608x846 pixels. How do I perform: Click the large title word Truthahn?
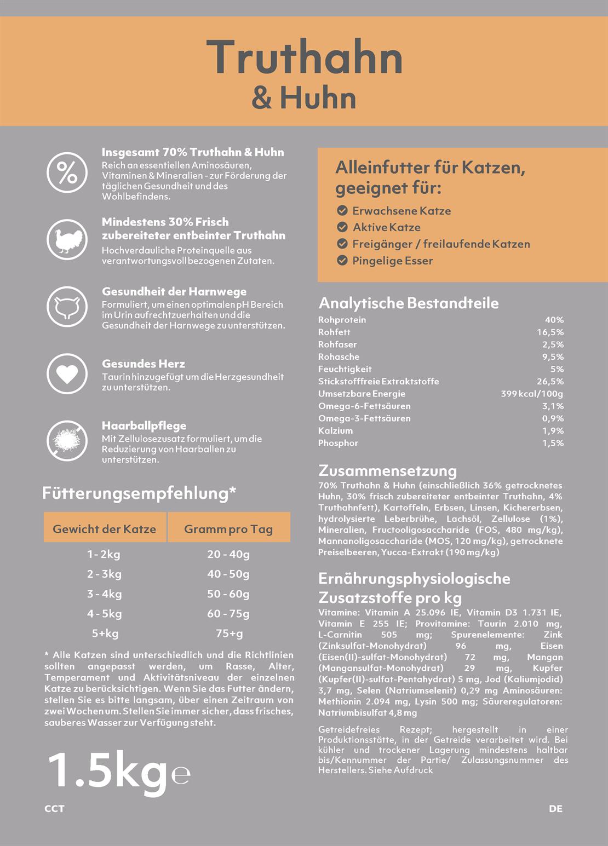click(x=305, y=57)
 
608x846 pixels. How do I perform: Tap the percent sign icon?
click(x=67, y=172)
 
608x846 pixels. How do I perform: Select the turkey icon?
click(x=67, y=240)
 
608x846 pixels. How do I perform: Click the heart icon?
click(x=67, y=374)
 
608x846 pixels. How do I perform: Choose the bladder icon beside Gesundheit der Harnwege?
click(x=67, y=306)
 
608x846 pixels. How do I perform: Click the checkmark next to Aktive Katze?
click(x=342, y=227)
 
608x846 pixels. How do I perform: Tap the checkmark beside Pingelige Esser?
click(x=342, y=261)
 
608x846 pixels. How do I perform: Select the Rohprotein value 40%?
click(x=554, y=320)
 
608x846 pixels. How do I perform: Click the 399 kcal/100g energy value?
click(x=531, y=394)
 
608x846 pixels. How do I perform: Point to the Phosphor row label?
click(x=338, y=443)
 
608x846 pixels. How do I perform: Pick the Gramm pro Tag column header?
click(x=228, y=529)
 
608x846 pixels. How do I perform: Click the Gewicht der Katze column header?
click(x=104, y=529)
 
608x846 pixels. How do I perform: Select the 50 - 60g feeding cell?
click(x=228, y=594)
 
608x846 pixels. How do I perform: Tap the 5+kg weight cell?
click(x=105, y=634)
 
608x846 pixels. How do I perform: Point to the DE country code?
click(x=555, y=809)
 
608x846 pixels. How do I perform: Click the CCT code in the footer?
click(x=54, y=809)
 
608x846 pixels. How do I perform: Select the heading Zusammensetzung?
click(x=387, y=471)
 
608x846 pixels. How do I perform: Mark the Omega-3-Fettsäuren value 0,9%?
click(x=553, y=418)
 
